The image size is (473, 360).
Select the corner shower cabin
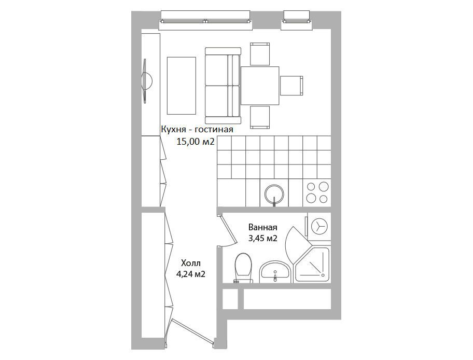tap(312, 265)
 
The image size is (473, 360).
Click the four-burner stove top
tap(317, 192)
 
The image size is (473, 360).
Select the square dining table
tap(260, 86)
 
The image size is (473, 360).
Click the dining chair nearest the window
tap(260, 54)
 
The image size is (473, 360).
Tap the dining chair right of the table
tap(291, 86)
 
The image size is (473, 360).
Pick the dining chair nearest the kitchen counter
tap(260, 117)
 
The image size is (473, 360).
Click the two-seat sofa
tap(223, 86)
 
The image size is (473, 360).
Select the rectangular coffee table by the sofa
tap(182, 86)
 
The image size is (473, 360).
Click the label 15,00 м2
tap(196, 142)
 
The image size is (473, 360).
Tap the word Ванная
tap(262, 227)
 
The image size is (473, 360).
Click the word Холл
tap(191, 263)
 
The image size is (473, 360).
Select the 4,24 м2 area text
tap(191, 274)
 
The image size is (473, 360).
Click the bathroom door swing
tap(226, 230)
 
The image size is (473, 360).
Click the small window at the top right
tap(297, 21)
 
